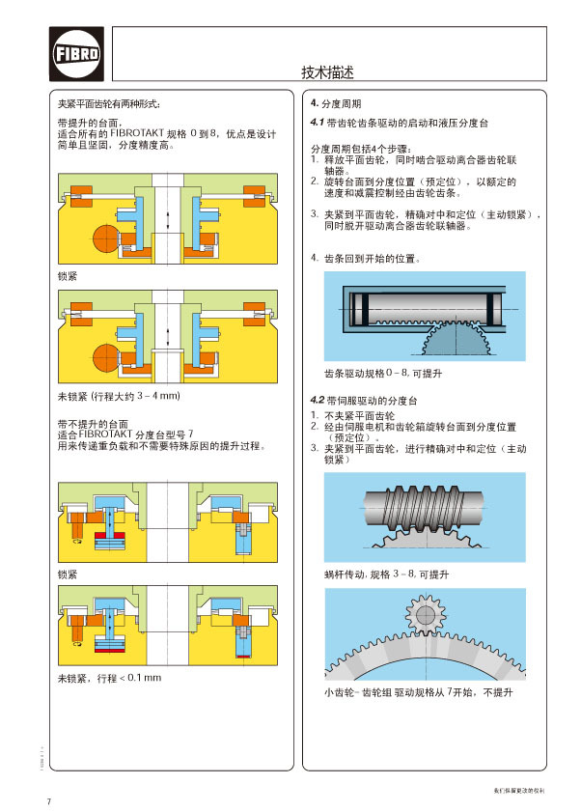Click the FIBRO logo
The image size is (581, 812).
[x=75, y=54]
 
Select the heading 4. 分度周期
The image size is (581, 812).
[x=336, y=103]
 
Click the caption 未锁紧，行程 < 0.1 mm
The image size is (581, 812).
[x=109, y=677]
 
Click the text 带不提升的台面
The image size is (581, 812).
[x=93, y=424]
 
